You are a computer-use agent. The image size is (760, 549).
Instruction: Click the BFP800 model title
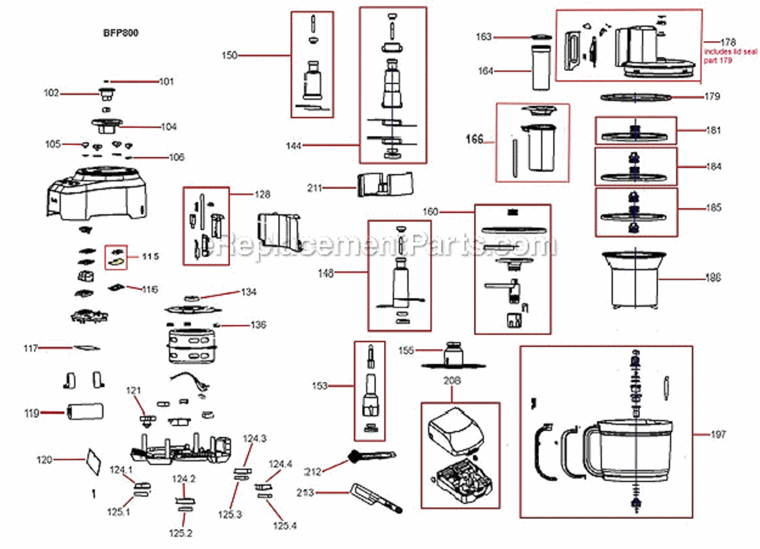tap(120, 33)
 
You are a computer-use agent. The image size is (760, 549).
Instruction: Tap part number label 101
tap(167, 81)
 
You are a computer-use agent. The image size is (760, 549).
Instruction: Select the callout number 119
tap(31, 414)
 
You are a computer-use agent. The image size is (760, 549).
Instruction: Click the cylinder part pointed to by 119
tap(83, 413)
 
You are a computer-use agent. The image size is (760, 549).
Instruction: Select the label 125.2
tap(180, 532)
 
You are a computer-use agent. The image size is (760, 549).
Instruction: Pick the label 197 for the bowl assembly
tap(718, 435)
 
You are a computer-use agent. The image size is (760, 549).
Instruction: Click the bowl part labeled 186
tap(633, 279)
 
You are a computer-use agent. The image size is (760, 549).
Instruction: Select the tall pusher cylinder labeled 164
tap(540, 69)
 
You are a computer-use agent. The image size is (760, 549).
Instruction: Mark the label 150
tap(229, 55)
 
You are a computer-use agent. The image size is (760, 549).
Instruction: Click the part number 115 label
tap(150, 256)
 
